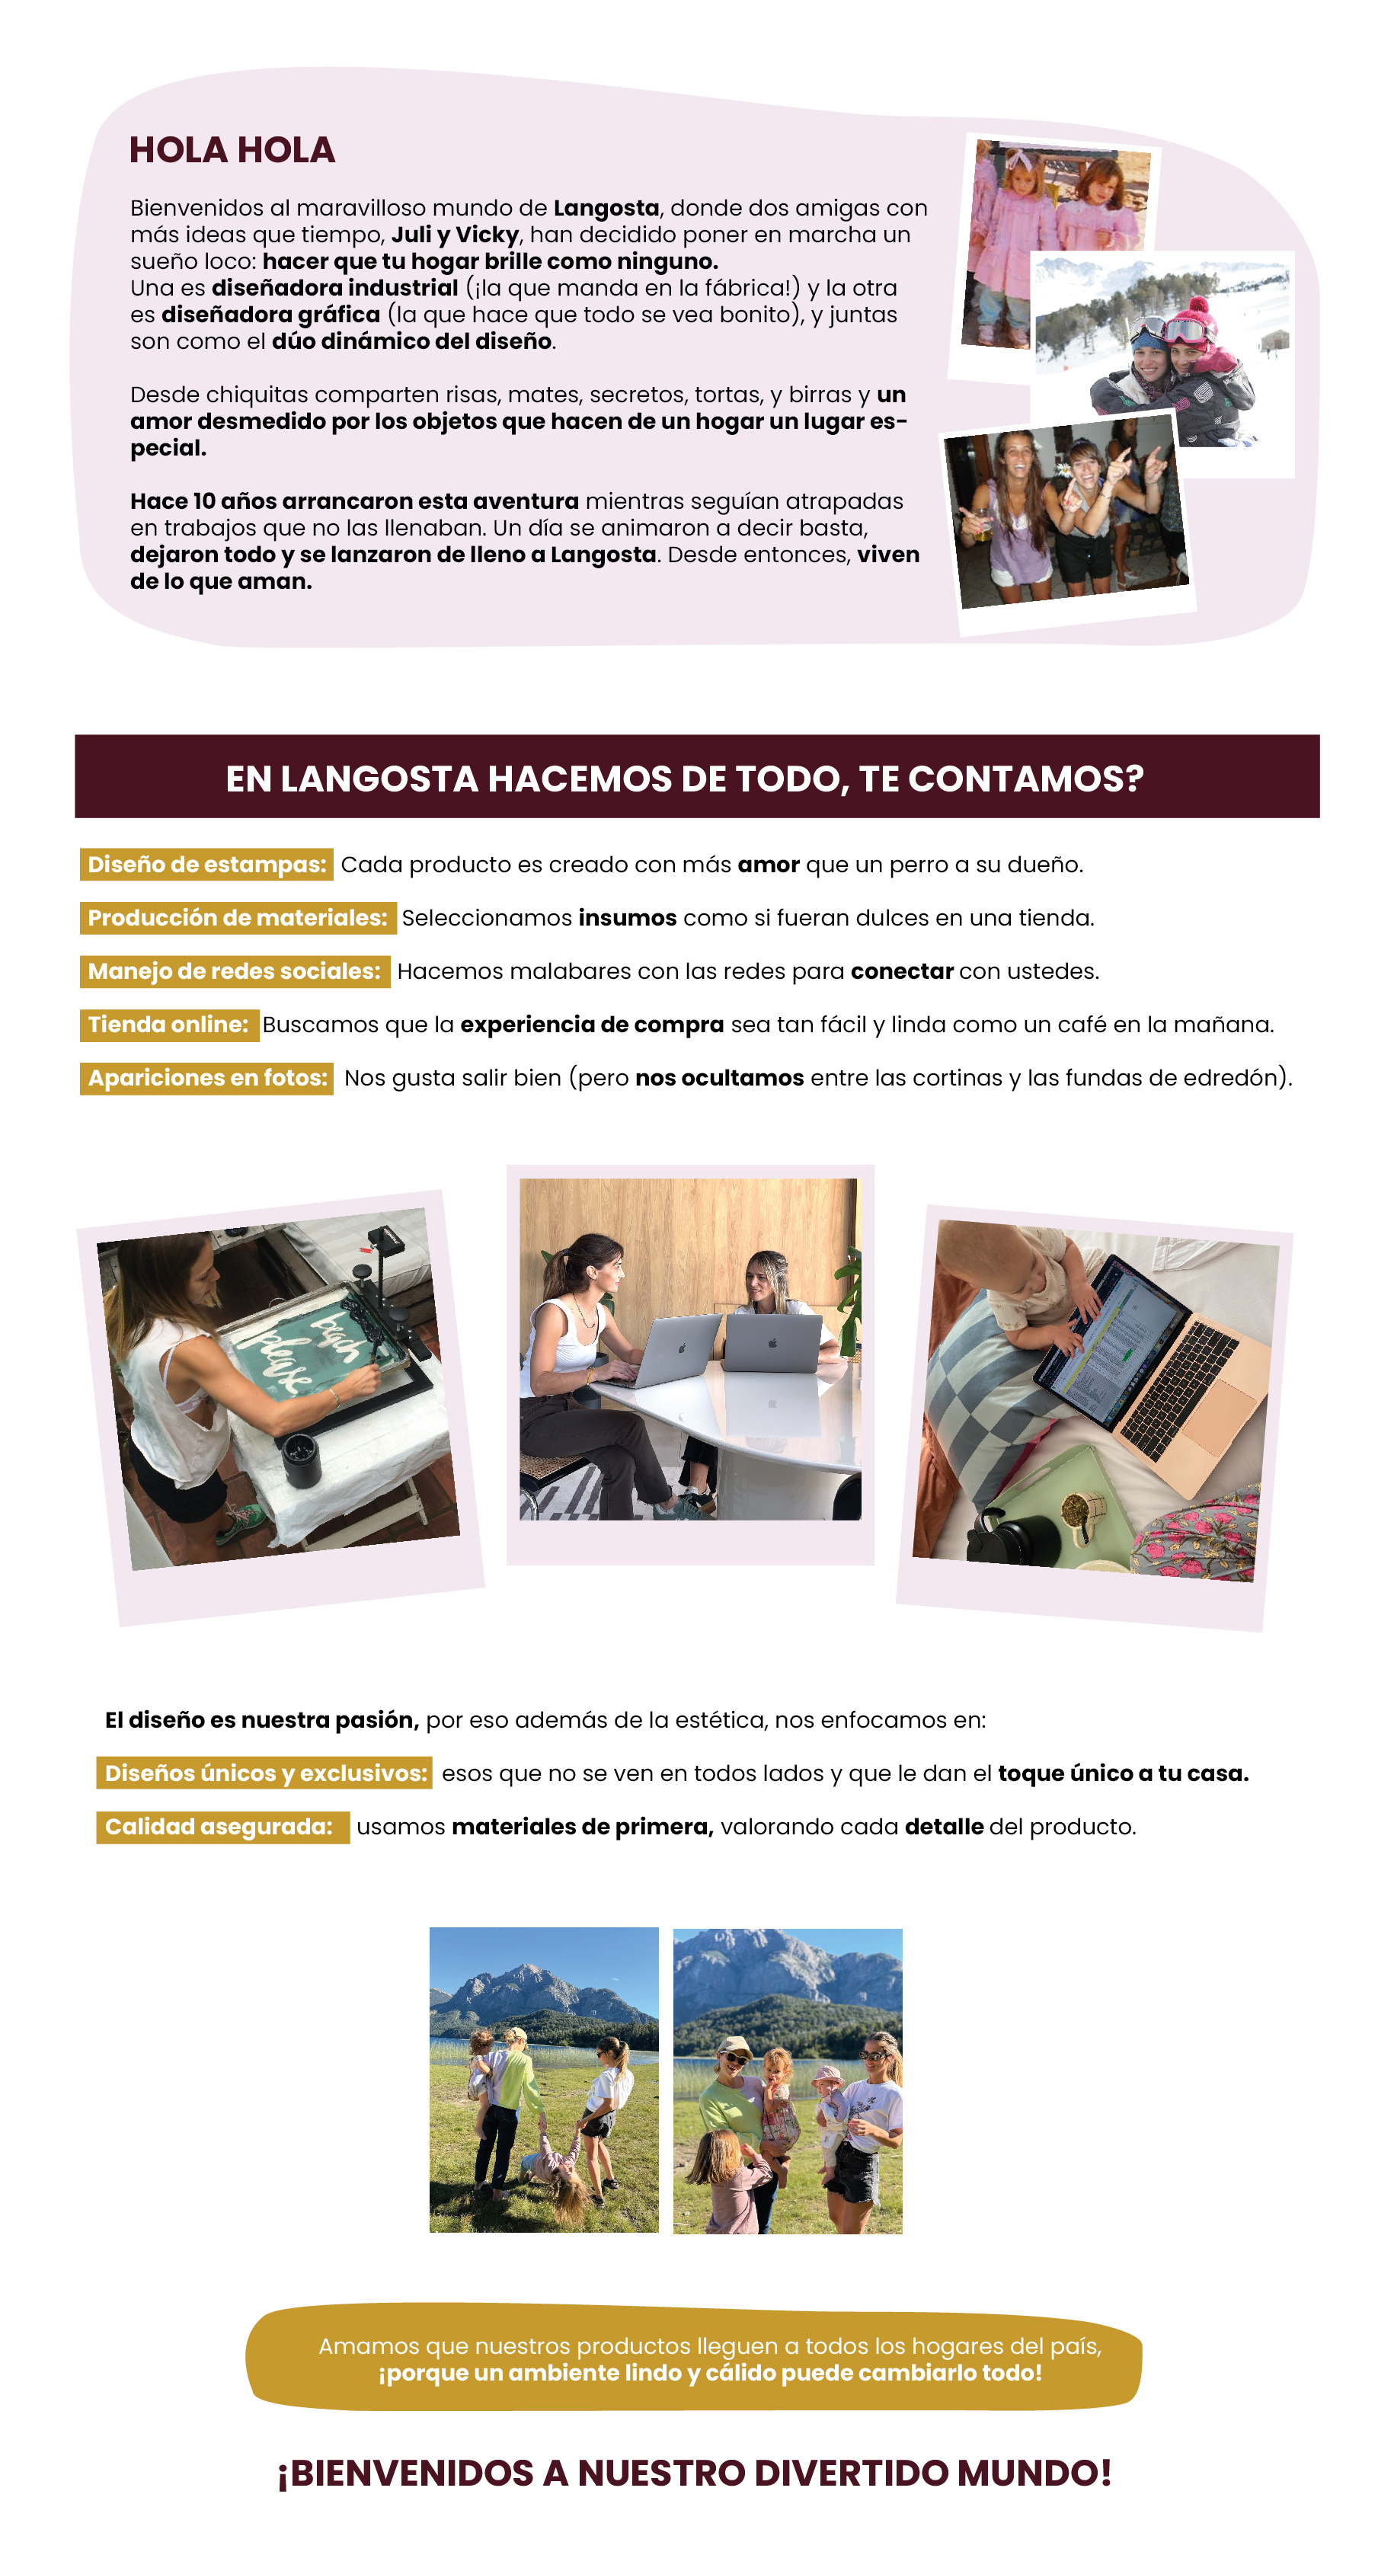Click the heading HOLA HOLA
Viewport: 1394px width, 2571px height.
[x=232, y=150]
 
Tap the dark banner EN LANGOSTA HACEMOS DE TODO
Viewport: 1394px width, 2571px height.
[x=696, y=776]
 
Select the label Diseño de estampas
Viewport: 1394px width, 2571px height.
[x=206, y=865]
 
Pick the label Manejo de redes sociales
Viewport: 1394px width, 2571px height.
[x=235, y=971]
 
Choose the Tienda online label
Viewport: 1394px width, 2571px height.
[x=168, y=1024]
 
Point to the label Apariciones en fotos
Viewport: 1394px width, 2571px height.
[x=206, y=1078]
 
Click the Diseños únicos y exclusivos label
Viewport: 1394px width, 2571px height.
[x=264, y=1773]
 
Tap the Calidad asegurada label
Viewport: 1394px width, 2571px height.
[x=222, y=1827]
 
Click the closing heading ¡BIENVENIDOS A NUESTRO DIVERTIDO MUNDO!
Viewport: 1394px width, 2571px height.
[x=695, y=2472]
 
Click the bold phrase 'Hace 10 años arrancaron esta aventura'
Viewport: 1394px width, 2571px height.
[x=354, y=501]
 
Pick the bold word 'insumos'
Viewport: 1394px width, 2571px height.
[x=628, y=917]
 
